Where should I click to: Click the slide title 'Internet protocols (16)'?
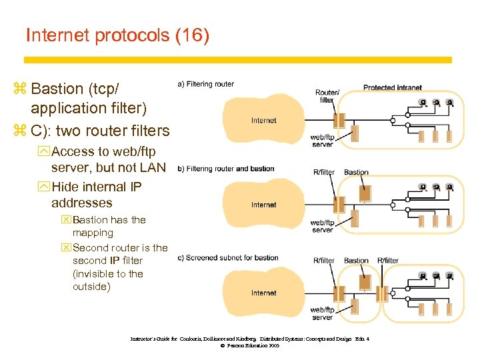[x=117, y=35]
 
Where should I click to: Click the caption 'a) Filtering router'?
[x=206, y=84]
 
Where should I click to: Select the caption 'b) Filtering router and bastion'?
[x=226, y=169]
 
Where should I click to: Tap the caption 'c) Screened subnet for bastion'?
[x=226, y=257]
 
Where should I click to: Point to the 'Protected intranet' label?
[x=392, y=87]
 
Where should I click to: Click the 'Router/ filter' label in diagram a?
[x=327, y=96]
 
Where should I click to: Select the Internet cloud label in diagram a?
[x=264, y=121]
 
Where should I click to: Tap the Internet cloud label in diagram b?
[x=264, y=205]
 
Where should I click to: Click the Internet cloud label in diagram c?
[x=264, y=293]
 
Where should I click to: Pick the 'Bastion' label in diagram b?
[x=356, y=172]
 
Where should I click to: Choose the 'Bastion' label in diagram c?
[x=356, y=261]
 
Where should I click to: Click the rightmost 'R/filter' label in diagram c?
[x=388, y=261]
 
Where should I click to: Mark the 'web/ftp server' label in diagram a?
[x=322, y=141]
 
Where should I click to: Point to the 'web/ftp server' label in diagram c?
[x=322, y=313]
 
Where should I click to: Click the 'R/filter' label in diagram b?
[x=324, y=172]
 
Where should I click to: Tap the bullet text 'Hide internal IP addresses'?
[x=96, y=195]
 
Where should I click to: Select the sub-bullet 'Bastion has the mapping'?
[x=109, y=226]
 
